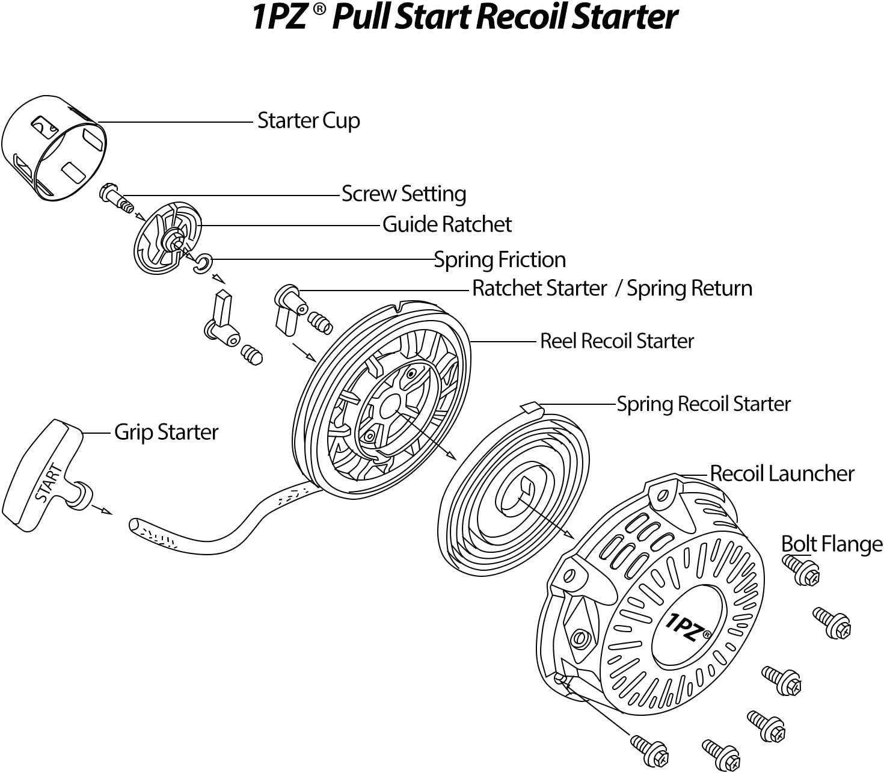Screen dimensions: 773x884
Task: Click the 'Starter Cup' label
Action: click(308, 121)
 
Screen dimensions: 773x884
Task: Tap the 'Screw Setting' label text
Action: click(404, 194)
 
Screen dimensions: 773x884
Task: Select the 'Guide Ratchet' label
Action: click(447, 224)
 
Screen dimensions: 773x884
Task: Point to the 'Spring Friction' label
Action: click(500, 260)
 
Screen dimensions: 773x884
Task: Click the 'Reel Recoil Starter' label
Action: click(616, 341)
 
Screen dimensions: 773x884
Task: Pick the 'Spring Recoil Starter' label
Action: click(704, 404)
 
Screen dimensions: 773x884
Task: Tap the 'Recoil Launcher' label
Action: click(782, 473)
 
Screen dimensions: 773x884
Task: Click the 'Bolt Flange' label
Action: click(832, 544)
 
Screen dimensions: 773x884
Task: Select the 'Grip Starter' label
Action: click(166, 432)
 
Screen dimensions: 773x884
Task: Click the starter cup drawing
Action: click(54, 147)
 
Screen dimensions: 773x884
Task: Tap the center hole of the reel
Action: click(389, 405)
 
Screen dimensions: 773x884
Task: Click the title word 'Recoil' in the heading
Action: click(521, 17)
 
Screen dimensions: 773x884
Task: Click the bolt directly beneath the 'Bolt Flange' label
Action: click(803, 570)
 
